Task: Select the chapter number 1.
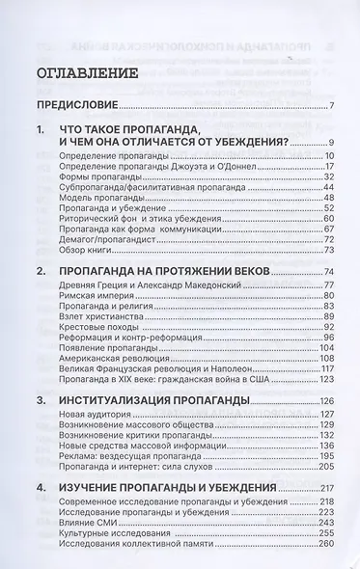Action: [40, 130]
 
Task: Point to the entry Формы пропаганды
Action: [99, 177]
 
